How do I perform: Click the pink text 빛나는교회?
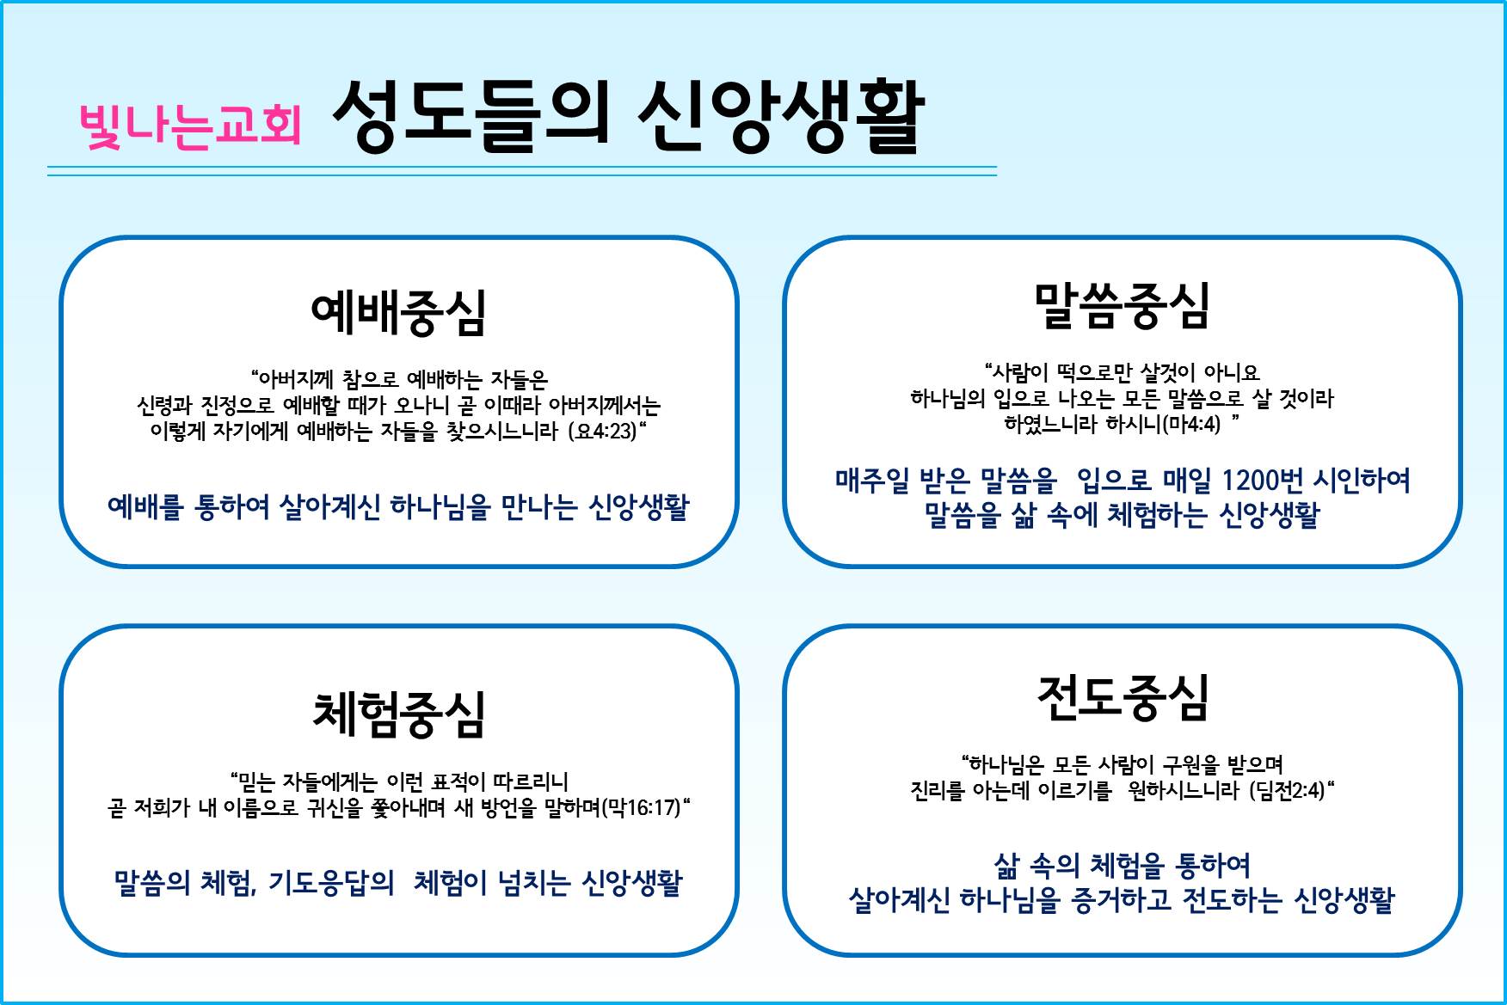(190, 126)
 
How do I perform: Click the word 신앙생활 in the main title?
(780, 117)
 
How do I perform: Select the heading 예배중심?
(398, 312)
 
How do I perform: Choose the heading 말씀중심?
(1122, 306)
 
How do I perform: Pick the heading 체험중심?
(398, 715)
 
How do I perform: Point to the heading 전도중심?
(1123, 697)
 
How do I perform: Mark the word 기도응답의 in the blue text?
(331, 882)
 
